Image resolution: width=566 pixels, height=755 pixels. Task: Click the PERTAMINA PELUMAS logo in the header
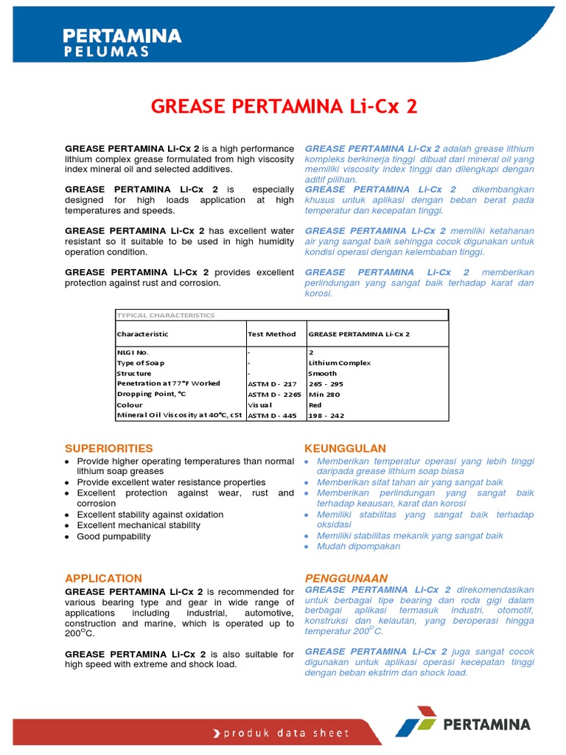pyautogui.click(x=122, y=42)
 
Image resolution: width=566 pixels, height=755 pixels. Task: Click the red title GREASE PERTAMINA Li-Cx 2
pyautogui.click(x=284, y=106)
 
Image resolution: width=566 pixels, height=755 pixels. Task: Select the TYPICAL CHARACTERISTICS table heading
pyautogui.click(x=166, y=315)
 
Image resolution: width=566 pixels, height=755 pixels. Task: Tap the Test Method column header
pyautogui.click(x=272, y=334)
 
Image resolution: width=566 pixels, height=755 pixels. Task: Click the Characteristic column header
pyautogui.click(x=142, y=334)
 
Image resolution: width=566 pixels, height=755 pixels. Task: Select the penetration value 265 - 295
pyautogui.click(x=326, y=384)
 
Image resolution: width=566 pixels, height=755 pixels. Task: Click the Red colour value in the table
pyautogui.click(x=315, y=405)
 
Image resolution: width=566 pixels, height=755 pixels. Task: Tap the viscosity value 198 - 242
pyautogui.click(x=326, y=416)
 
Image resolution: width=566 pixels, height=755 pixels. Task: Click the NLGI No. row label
pyautogui.click(x=133, y=352)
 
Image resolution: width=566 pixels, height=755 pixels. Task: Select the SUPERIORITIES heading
pyautogui.click(x=109, y=448)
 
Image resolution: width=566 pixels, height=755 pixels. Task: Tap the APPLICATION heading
pyautogui.click(x=104, y=578)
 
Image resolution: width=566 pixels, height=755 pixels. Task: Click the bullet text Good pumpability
pyautogui.click(x=113, y=536)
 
